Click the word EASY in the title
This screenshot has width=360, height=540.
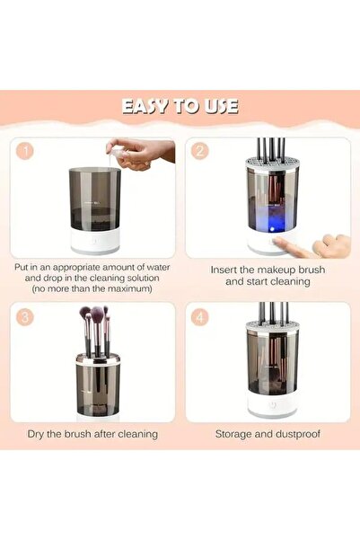pyautogui.click(x=146, y=106)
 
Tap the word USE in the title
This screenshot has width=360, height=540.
pyautogui.click(x=220, y=106)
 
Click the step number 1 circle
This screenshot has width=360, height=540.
pyautogui.click(x=26, y=151)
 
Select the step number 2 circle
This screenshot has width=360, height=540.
pyautogui.click(x=201, y=151)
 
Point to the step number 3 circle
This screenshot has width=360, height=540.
pyautogui.click(x=26, y=315)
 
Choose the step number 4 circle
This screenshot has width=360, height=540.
pyautogui.click(x=201, y=315)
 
